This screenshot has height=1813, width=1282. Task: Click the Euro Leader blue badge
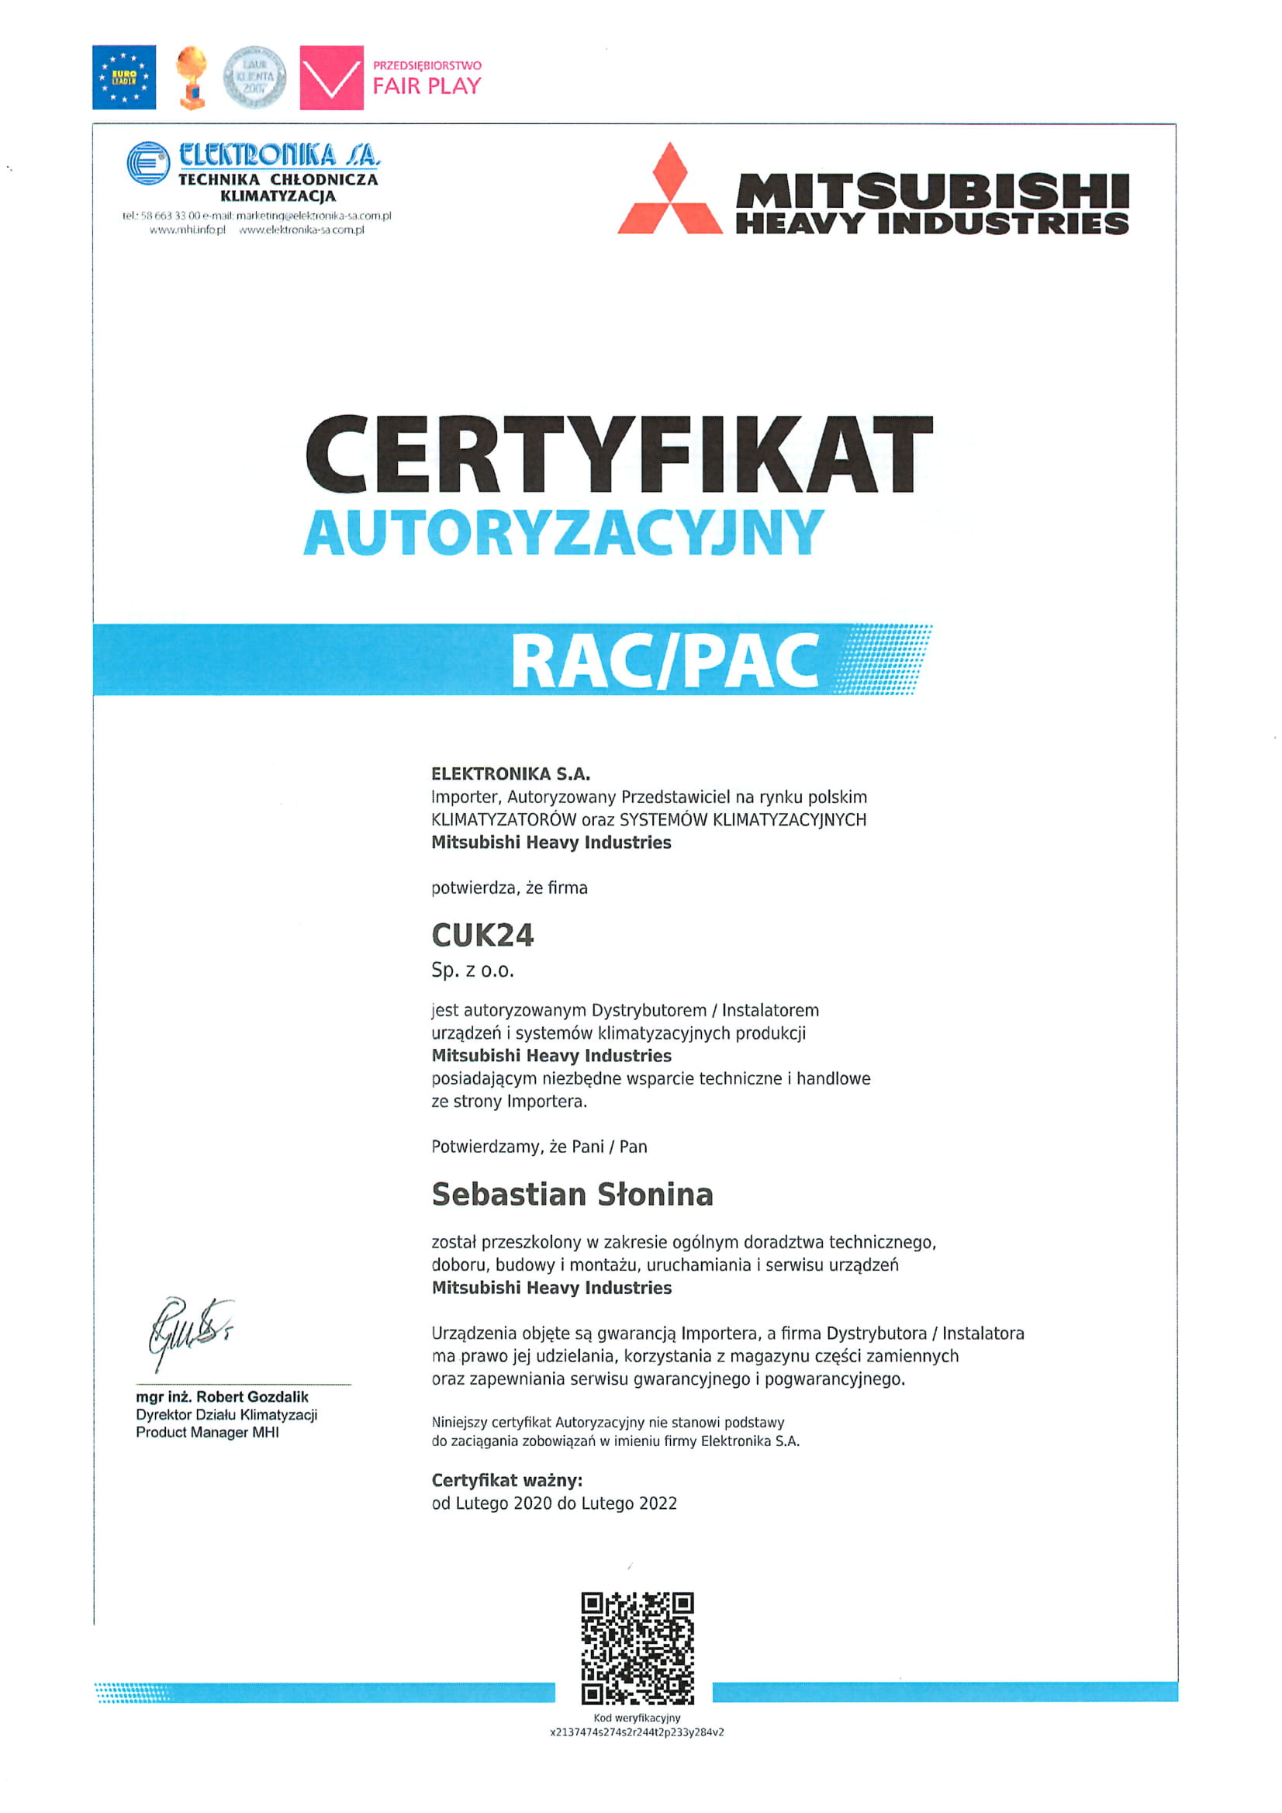pyautogui.click(x=124, y=77)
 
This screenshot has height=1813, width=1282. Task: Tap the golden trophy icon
pyautogui.click(x=191, y=77)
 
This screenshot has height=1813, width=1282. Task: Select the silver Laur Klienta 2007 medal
pyautogui.click(x=254, y=77)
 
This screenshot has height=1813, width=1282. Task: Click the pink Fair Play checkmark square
pyautogui.click(x=332, y=78)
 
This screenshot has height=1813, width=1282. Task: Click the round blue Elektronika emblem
pyautogui.click(x=147, y=163)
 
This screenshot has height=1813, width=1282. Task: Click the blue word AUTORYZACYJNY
pyautogui.click(x=564, y=533)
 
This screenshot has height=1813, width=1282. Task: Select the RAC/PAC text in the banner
pyautogui.click(x=665, y=661)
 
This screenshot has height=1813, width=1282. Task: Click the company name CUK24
pyautogui.click(x=482, y=936)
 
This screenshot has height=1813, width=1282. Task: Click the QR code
pyautogui.click(x=637, y=1648)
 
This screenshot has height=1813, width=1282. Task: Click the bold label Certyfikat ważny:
pyautogui.click(x=506, y=1480)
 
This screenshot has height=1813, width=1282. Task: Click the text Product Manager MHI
pyautogui.click(x=207, y=1432)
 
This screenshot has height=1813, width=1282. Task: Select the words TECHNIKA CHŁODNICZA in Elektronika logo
pyautogui.click(x=278, y=179)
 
